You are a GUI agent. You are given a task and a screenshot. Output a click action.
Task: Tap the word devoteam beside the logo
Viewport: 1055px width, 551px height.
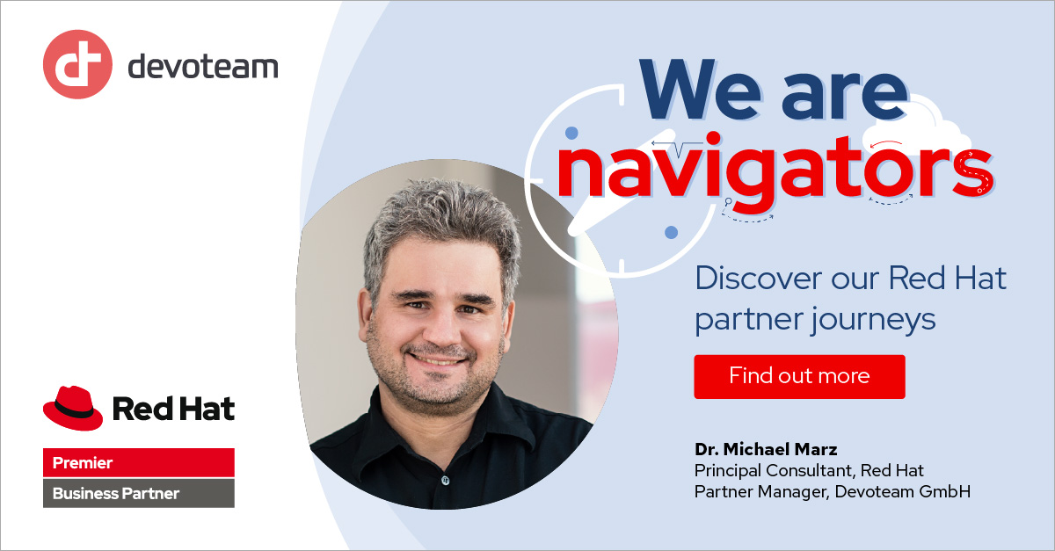click(203, 67)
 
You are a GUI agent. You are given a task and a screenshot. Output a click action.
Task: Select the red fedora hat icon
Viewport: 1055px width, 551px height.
click(73, 407)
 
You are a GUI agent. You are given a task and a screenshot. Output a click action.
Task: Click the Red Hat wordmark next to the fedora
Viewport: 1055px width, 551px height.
click(173, 408)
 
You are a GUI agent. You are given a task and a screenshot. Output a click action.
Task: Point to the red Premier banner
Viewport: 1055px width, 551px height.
click(139, 462)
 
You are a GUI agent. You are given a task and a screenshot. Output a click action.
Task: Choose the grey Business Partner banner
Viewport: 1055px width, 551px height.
click(139, 493)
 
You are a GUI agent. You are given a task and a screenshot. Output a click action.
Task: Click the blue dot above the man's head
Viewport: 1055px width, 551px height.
click(571, 134)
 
